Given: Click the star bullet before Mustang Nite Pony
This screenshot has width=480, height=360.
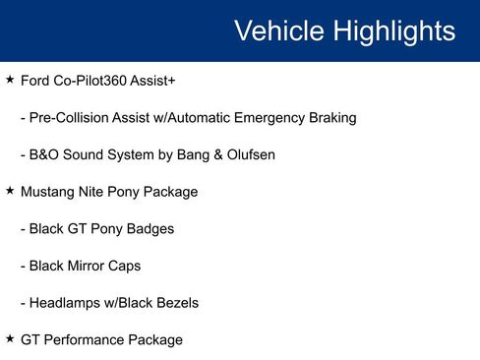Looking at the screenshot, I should click(10, 190).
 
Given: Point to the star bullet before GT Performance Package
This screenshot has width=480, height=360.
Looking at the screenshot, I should click(10, 338).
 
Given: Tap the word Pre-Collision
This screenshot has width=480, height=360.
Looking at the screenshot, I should click(73, 117).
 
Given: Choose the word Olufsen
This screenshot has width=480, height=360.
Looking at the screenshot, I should click(248, 154).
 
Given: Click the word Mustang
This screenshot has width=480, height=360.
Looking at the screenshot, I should click(48, 192).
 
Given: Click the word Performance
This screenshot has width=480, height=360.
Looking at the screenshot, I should click(84, 340).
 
